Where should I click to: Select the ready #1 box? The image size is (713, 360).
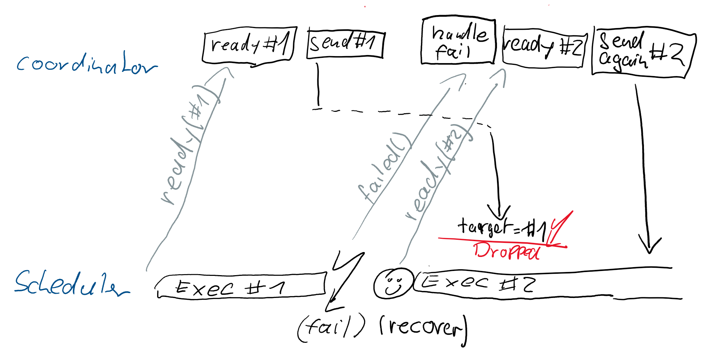pyautogui.click(x=249, y=45)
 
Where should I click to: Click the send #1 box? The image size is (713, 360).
pyautogui.click(x=345, y=44)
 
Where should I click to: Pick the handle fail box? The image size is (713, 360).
pyautogui.click(x=458, y=41)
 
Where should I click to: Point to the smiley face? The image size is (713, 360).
pyautogui.click(x=393, y=283)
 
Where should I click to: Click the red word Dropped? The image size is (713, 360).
pyautogui.click(x=506, y=250)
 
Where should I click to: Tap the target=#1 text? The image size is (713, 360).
pyautogui.click(x=502, y=227)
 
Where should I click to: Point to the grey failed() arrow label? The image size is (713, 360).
pyautogui.click(x=384, y=168)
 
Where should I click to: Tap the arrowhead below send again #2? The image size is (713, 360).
pyautogui.click(x=650, y=245)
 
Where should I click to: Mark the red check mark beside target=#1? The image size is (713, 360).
pyautogui.click(x=559, y=228)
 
